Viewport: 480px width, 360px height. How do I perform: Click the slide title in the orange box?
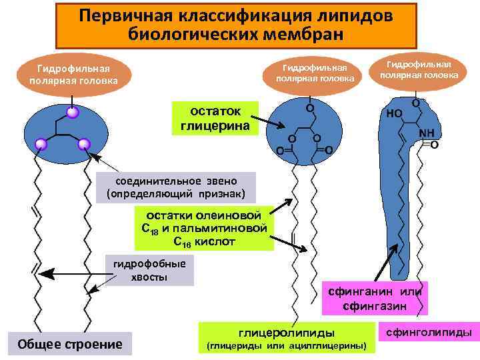pyautogui.click(x=236, y=25)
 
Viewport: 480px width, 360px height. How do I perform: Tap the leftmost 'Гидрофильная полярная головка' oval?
pyautogui.click(x=73, y=75)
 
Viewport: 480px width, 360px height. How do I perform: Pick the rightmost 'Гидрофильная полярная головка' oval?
pyautogui.click(x=419, y=69)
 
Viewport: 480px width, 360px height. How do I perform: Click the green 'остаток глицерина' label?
pyautogui.click(x=215, y=118)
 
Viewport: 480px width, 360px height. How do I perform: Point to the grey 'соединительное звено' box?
pyautogui.click(x=176, y=187)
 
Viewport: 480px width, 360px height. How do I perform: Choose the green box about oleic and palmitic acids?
pyautogui.click(x=205, y=229)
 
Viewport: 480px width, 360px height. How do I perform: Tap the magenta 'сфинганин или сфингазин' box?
pyautogui.click(x=374, y=298)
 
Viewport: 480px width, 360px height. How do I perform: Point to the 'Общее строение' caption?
pyautogui.click(x=70, y=344)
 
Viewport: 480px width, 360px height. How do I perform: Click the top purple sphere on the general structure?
pyautogui.click(x=73, y=113)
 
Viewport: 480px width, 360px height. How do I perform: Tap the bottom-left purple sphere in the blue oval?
pyautogui.click(x=41, y=144)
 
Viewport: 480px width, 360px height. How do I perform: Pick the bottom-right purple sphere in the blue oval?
pyautogui.click(x=84, y=144)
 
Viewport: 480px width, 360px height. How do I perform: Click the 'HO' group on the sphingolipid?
pyautogui.click(x=394, y=114)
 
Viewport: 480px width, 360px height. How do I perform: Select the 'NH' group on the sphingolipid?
pyautogui.click(x=426, y=133)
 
